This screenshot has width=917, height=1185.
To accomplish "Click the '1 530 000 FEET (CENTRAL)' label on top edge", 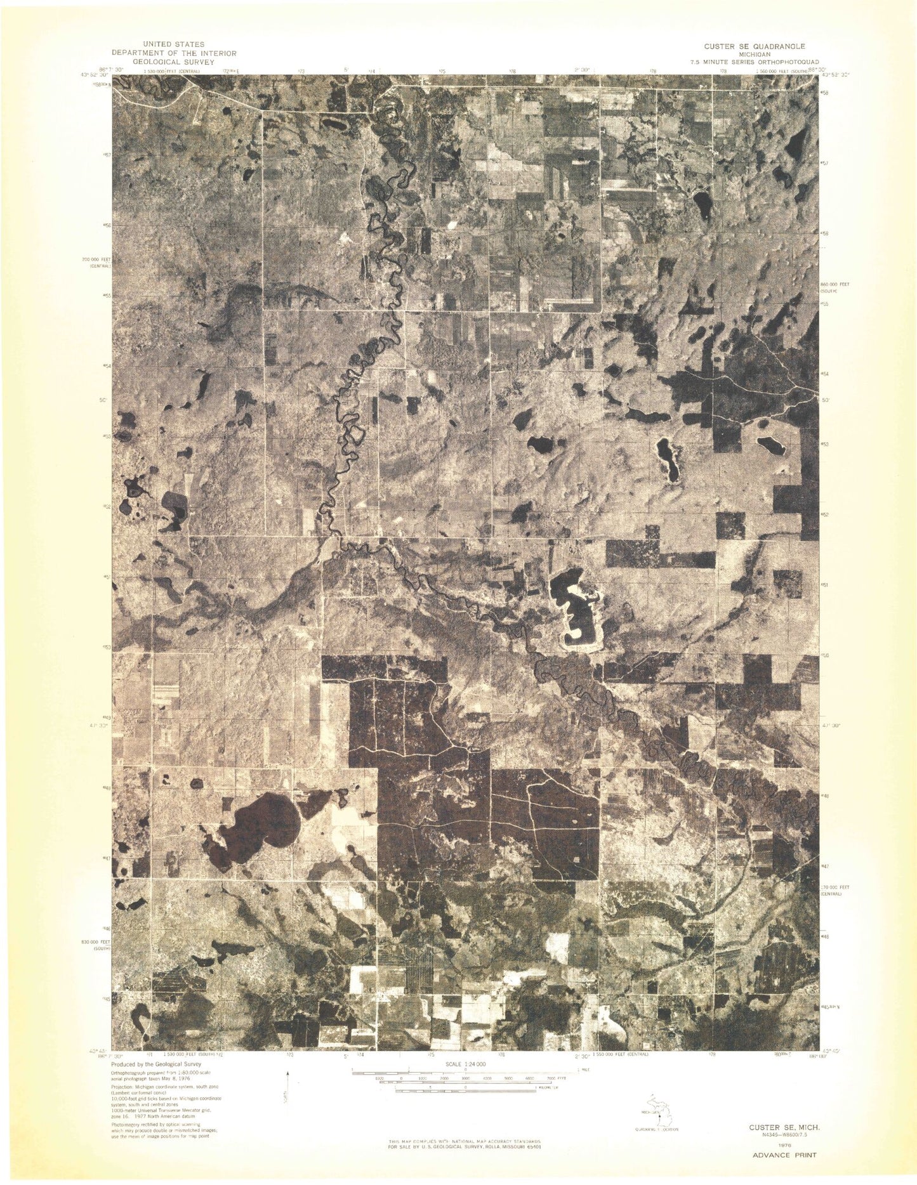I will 171,72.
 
